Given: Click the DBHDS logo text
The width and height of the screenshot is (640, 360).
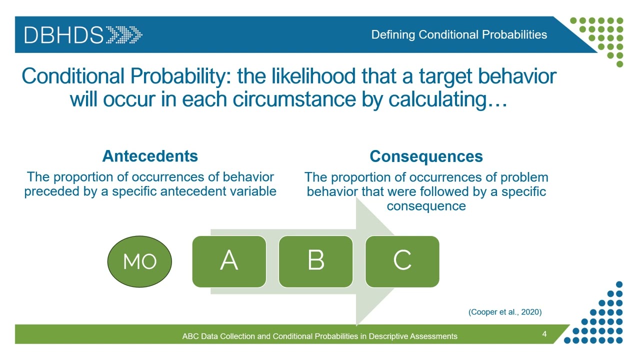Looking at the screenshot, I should pos(64,35).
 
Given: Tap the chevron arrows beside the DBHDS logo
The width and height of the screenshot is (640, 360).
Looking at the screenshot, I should pos(124,35).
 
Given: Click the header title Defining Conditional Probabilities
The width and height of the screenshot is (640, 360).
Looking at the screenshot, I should pos(458,34).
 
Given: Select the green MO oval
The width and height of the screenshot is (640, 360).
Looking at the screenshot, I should pos(140,261).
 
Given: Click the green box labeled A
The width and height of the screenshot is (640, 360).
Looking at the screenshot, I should pos(229,261).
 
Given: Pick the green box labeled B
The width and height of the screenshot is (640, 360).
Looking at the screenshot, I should pos(315,261).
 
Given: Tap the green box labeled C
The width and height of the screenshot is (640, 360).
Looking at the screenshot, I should pos(402,261).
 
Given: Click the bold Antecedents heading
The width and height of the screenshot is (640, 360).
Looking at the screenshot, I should pos(150,156).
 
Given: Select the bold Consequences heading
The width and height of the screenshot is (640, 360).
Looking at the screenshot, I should pos(426,156).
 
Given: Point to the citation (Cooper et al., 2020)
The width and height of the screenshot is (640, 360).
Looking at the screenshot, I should pos(504,312).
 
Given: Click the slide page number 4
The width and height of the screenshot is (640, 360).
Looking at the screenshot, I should pos(544,333).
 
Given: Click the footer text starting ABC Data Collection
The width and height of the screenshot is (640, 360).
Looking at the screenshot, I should pos(319,336).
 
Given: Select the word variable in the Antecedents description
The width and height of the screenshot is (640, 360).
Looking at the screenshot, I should pos(255,191).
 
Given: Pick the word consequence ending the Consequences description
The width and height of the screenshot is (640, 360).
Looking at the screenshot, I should pos(426,206).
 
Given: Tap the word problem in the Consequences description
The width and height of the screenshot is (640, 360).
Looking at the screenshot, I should pos(525,177).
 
